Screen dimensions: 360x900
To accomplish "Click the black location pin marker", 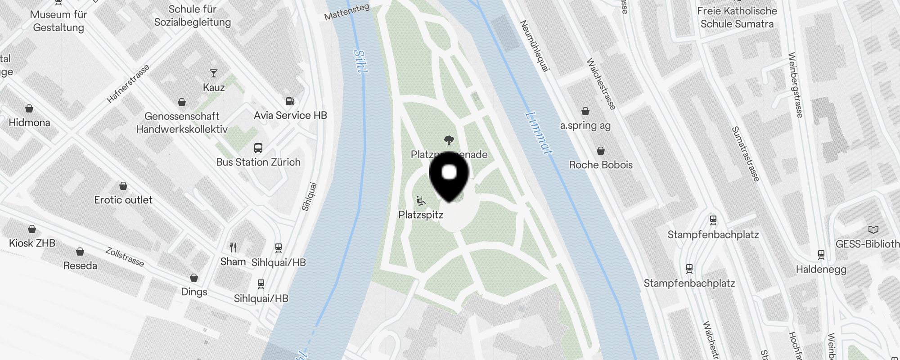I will pos(449,176).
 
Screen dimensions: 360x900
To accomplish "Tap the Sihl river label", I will pos(360,61).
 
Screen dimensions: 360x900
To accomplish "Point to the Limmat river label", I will pos(539,133).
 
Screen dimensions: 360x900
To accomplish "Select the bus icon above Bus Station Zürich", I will pos(258,148).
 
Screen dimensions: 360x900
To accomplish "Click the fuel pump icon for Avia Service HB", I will pos(291,101).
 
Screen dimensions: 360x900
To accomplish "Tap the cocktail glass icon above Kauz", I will pos(214,73).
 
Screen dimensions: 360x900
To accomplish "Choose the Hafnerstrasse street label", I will pos(128,84).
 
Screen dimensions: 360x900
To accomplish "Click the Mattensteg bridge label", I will pos(346,12).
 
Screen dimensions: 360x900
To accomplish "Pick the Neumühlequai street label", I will pos(535,45).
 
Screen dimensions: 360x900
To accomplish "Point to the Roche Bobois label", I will pos(601,165).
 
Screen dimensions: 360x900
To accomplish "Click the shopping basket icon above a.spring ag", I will pos(585,111).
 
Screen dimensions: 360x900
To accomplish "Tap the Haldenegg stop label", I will pos(821,270).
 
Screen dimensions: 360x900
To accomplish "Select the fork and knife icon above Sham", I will pos(233,247).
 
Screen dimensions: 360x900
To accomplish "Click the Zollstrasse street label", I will pos(125,256).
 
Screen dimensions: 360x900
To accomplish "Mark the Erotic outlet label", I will pos(123,200).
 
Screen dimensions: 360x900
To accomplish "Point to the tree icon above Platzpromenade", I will pos(449,140).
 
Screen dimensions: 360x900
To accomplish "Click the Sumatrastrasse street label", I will pos(746,154).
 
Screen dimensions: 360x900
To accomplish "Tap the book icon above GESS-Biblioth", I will pos(873,230).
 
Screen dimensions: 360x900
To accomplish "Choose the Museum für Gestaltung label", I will pos(58,21).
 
